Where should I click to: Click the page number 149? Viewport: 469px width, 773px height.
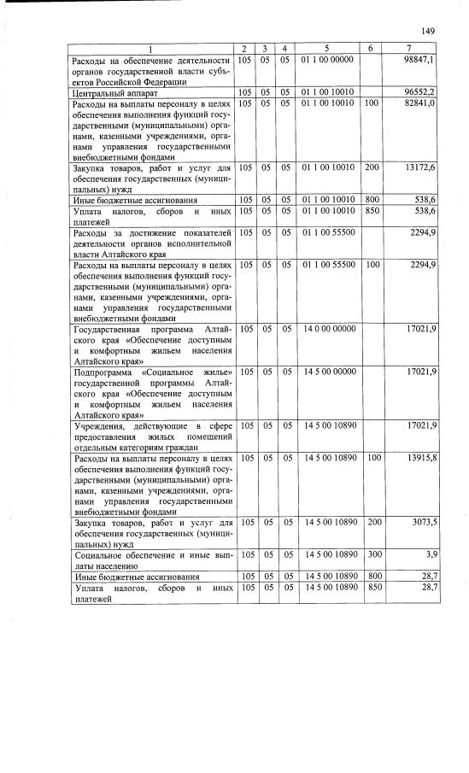pyautogui.click(x=428, y=31)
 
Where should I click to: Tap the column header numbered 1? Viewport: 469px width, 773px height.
pyautogui.click(x=150, y=48)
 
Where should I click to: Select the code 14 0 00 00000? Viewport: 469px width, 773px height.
pyautogui.click(x=328, y=329)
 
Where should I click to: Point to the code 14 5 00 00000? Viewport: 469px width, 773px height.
pyautogui.click(x=328, y=372)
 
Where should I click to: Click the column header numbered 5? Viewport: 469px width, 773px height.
pyautogui.click(x=328, y=48)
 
